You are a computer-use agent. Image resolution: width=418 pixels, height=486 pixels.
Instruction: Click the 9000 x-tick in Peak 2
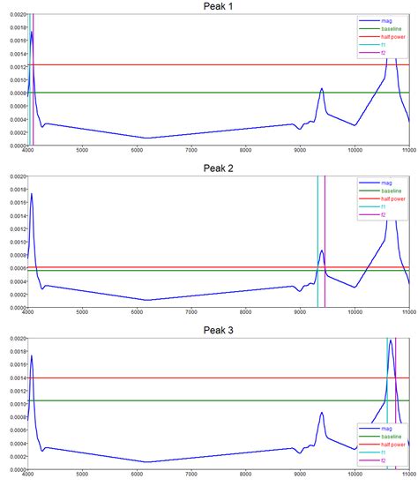point(301,313)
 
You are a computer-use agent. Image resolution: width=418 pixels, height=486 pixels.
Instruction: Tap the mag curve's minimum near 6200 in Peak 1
point(147,138)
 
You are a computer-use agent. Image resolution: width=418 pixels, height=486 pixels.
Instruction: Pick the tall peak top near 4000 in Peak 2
point(32,194)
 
